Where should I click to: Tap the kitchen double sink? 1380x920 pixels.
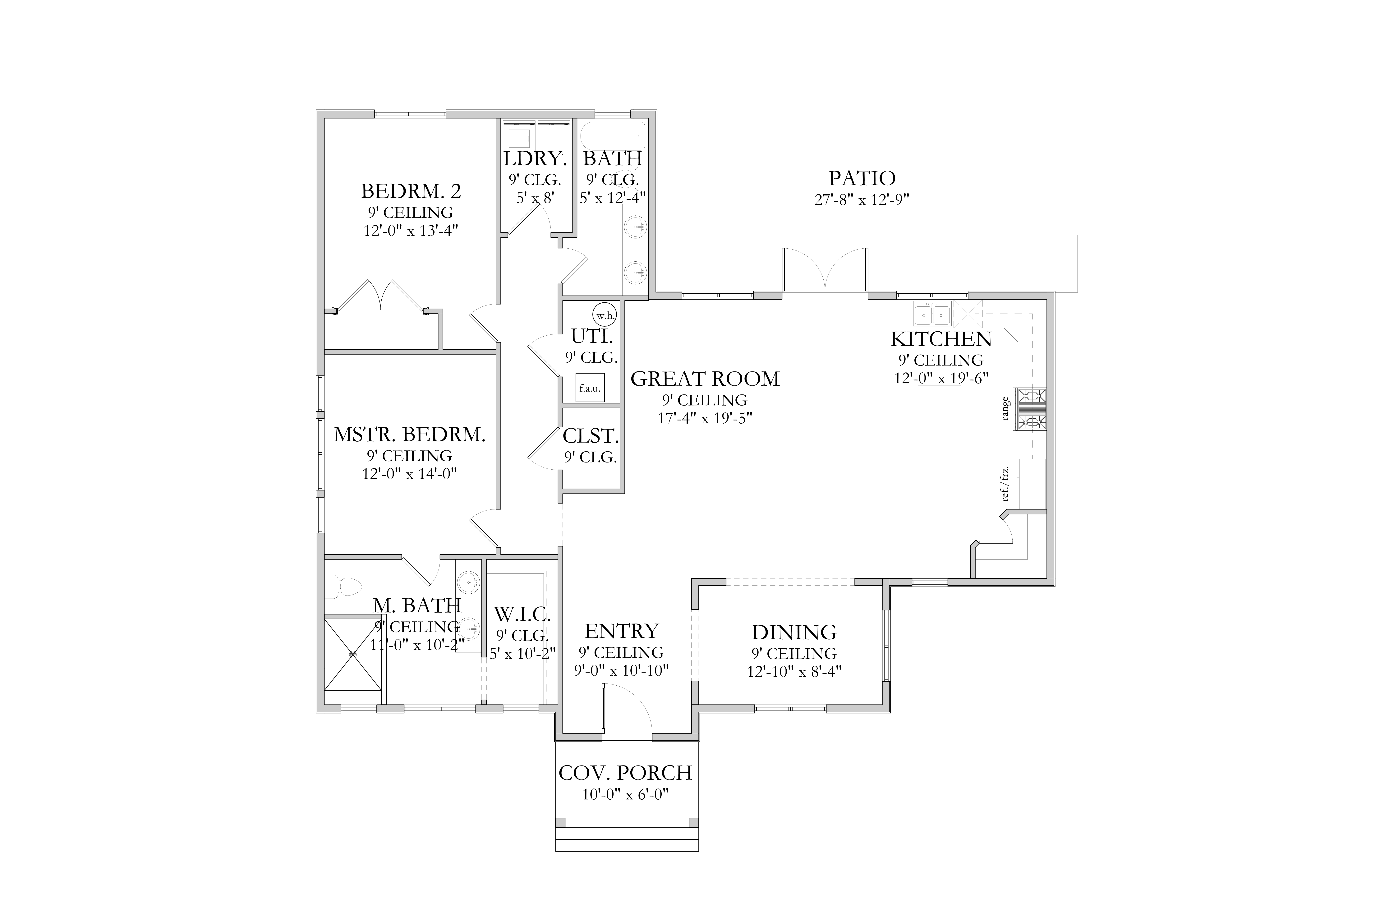(x=932, y=314)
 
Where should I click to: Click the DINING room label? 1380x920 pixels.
(x=794, y=632)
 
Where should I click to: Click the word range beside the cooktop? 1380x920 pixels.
(x=1005, y=409)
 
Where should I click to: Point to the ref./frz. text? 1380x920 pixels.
(x=1005, y=483)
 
